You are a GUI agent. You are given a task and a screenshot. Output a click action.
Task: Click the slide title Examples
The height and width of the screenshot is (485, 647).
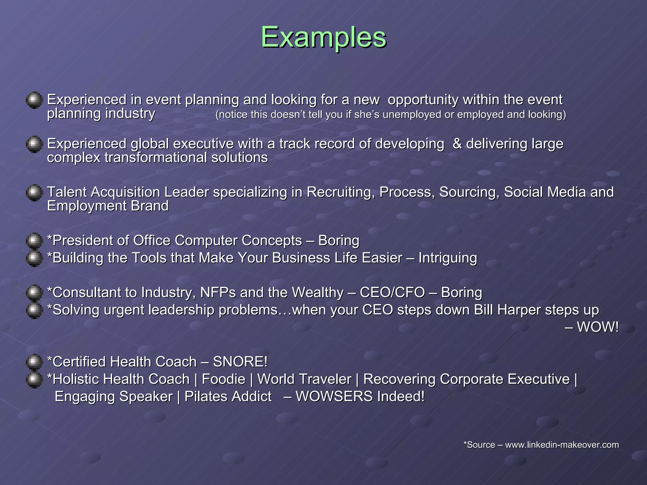(323, 38)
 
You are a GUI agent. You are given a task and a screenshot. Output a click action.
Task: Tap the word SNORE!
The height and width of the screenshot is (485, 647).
(240, 362)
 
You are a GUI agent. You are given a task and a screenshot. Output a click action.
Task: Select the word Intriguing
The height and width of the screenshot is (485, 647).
(448, 258)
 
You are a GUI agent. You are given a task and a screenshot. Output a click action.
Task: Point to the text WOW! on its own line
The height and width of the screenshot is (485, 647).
(597, 327)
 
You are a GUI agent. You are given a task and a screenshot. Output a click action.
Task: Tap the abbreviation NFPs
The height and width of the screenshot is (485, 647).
(218, 293)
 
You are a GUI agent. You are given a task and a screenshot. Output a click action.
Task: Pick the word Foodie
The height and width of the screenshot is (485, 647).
(223, 379)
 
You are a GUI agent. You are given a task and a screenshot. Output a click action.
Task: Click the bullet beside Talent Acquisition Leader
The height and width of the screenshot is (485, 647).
(34, 193)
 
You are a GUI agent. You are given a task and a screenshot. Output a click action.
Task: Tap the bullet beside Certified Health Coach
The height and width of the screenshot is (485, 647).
(34, 362)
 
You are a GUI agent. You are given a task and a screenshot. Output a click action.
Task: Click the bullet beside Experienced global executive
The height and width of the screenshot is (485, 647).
(34, 144)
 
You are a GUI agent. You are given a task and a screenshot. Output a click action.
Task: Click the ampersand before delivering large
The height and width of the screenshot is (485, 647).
(457, 144)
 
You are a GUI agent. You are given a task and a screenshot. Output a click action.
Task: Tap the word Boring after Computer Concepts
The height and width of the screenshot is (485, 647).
(338, 241)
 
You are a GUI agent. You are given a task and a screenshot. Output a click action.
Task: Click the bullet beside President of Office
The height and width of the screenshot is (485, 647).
(34, 241)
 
